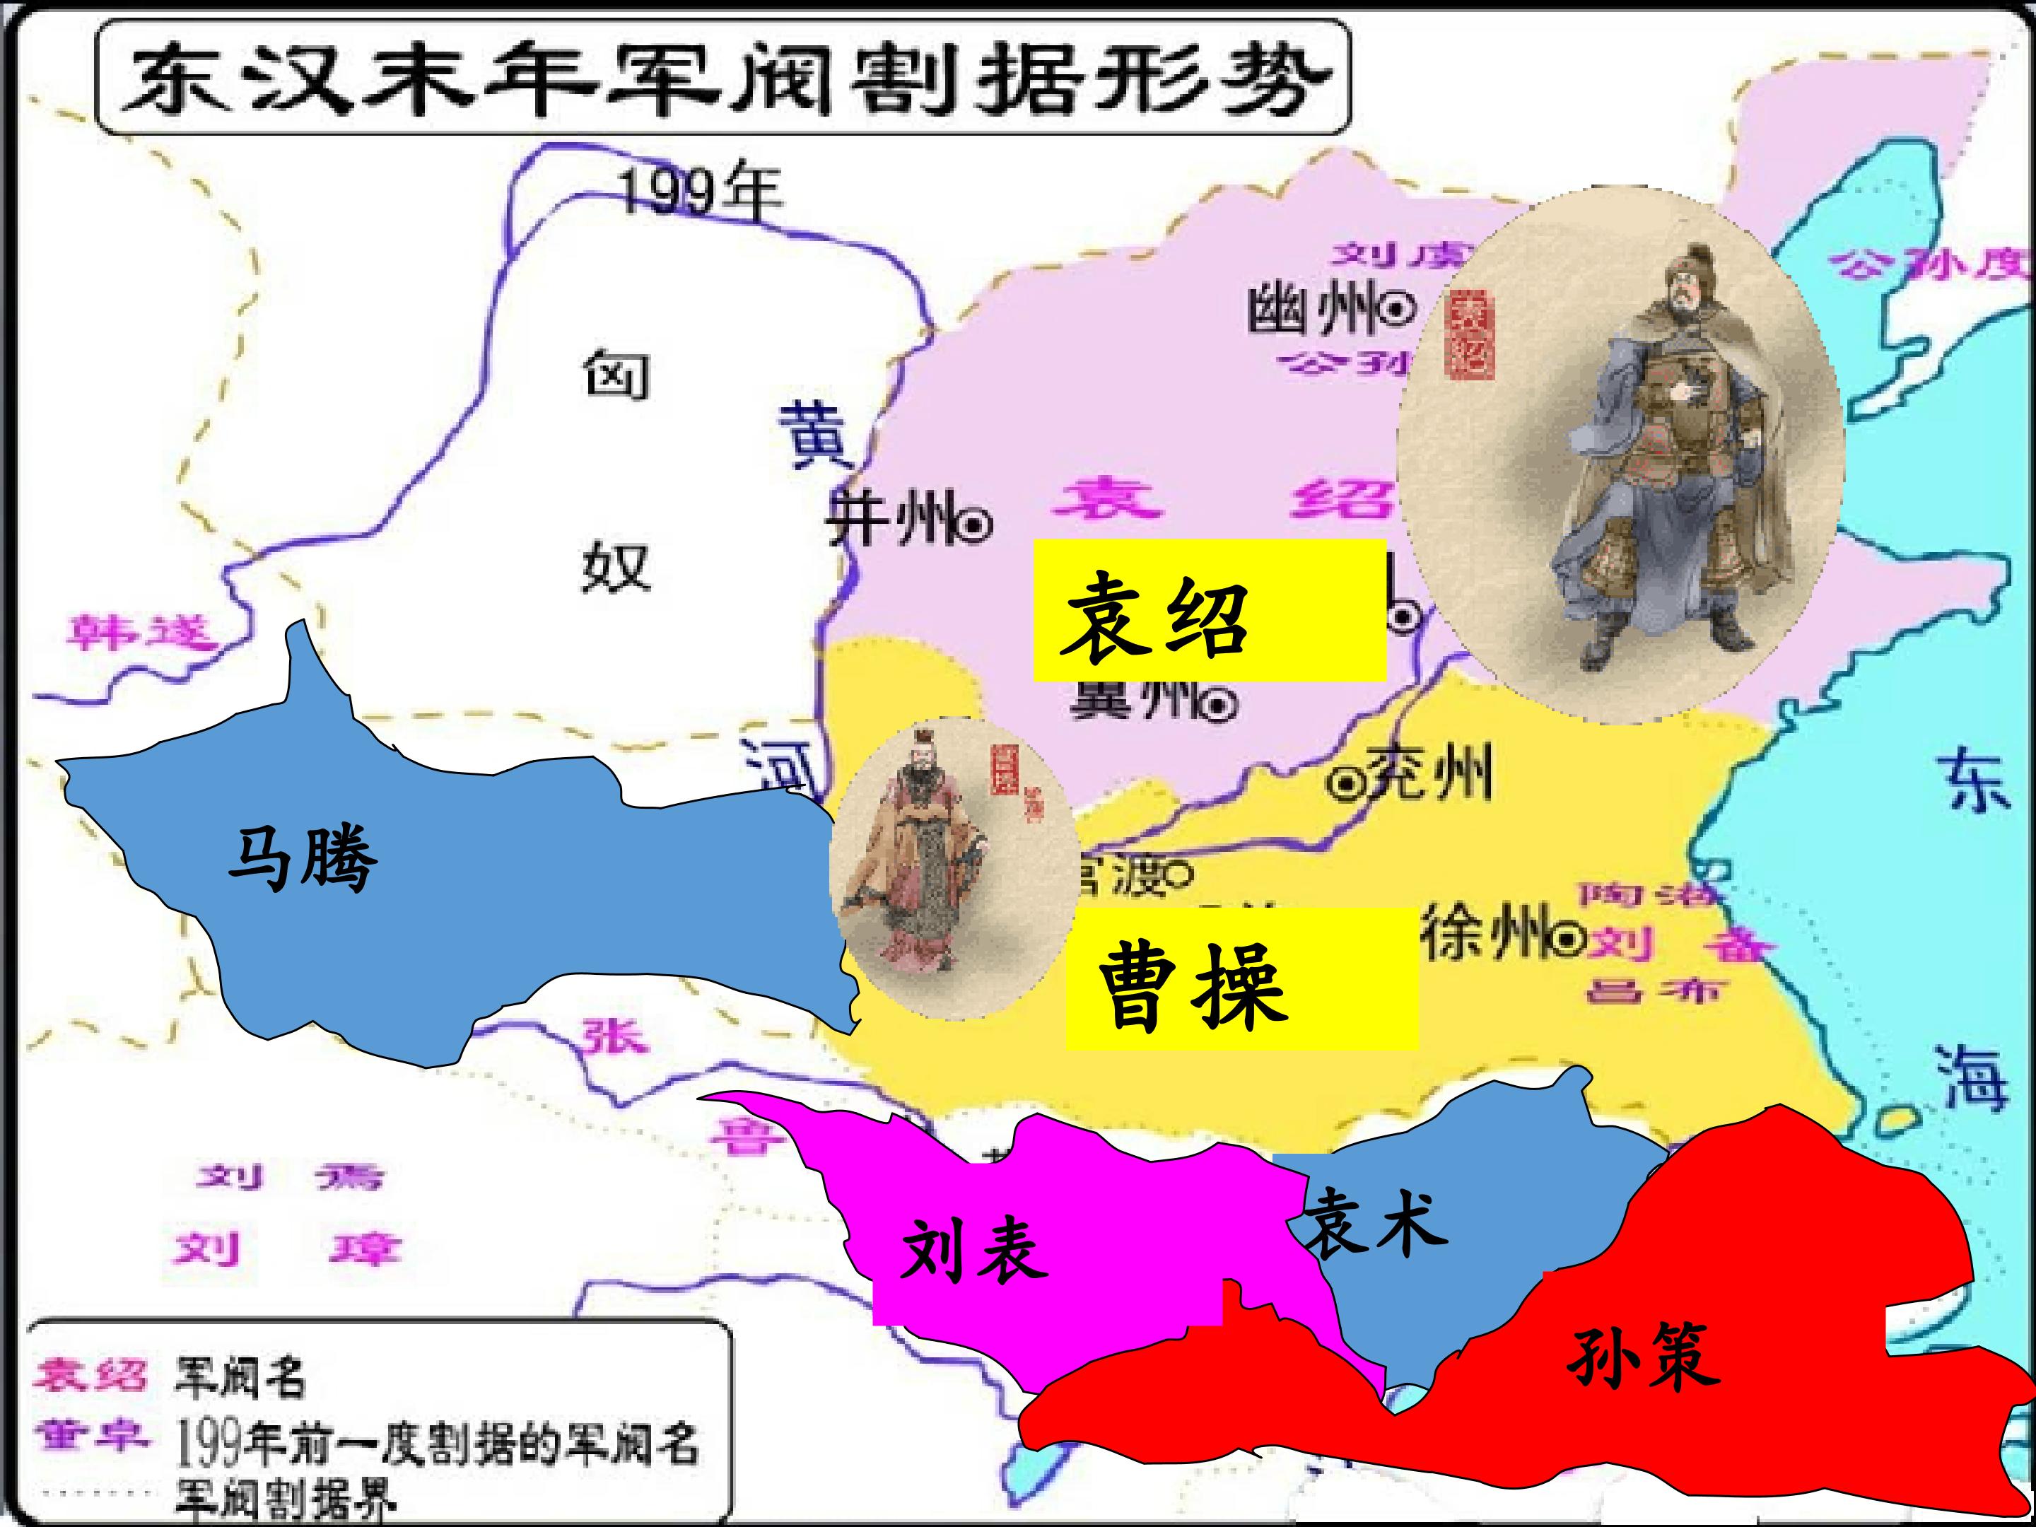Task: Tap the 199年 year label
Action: click(x=701, y=192)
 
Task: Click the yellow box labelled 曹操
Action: click(x=1241, y=979)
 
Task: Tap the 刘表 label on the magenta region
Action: click(x=974, y=1250)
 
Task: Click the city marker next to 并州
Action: click(x=975, y=525)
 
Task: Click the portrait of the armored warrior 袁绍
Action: click(x=1620, y=455)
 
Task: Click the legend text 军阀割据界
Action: click(x=286, y=1497)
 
